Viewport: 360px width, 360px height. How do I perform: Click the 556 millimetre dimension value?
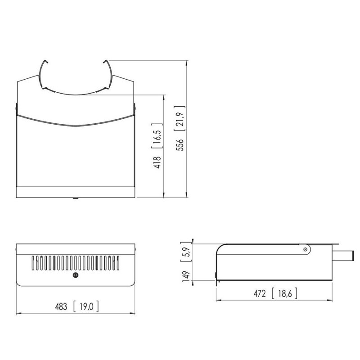180,145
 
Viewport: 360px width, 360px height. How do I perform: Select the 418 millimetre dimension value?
157,162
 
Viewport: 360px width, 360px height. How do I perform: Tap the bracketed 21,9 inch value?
180,118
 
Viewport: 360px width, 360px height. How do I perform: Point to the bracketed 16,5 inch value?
157,136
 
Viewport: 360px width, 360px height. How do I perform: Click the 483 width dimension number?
61,307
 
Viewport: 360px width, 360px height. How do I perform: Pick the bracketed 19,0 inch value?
86,307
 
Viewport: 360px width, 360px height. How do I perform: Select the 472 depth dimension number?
260,294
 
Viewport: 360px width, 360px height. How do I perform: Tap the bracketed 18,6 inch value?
285,294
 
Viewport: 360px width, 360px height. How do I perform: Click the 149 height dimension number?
186,276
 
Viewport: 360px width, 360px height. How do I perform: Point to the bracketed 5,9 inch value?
186,252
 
